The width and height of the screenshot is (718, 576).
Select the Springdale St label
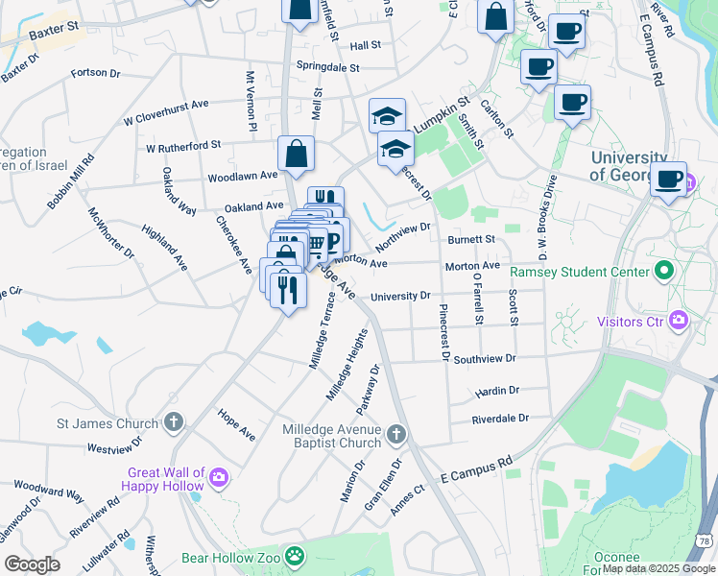point(327,68)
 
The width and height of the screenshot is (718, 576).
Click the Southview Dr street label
point(485,359)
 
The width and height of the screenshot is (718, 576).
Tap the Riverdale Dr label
point(500,419)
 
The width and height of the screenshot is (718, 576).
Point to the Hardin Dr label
point(496,392)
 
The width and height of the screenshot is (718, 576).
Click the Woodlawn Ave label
point(243,177)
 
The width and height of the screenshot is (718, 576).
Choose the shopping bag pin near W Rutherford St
point(297,154)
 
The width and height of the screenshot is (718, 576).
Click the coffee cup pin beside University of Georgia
point(668,180)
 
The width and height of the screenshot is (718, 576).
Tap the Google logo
point(32,564)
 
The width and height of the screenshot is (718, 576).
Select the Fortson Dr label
point(97,72)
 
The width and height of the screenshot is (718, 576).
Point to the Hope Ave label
point(236,428)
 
